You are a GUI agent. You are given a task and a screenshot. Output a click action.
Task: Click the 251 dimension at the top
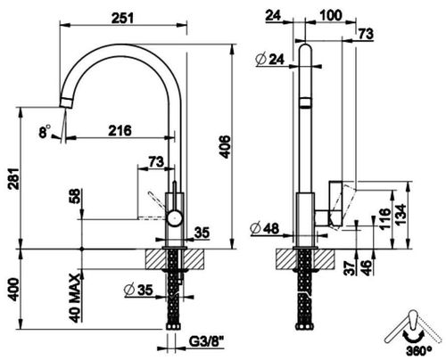[x=122, y=18]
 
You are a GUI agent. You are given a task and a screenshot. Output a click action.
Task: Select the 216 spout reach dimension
[x=120, y=130]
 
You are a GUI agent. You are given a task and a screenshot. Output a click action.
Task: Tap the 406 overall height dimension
[x=226, y=147]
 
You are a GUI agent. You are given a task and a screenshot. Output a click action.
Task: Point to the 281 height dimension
[x=13, y=179]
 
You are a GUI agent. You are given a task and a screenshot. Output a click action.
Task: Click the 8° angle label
[x=45, y=132]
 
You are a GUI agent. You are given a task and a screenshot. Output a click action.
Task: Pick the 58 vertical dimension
[x=76, y=196]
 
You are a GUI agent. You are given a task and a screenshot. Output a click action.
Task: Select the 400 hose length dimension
[x=13, y=290]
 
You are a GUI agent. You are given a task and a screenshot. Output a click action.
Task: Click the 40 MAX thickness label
[x=75, y=299]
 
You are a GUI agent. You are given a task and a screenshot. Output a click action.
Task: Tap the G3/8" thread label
[x=206, y=342]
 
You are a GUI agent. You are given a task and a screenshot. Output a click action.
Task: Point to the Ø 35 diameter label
[x=138, y=290]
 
